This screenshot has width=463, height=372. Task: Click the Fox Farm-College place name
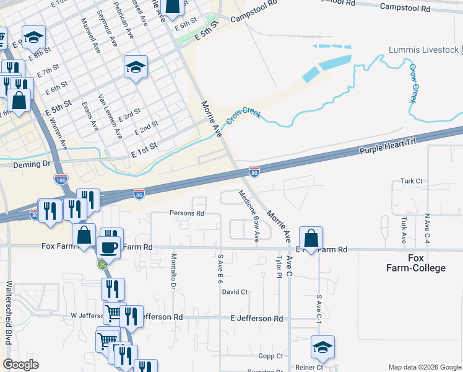(417, 263)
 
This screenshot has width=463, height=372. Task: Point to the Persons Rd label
(186, 213)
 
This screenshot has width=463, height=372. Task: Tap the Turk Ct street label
(410, 181)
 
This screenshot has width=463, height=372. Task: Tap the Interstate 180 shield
(61, 179)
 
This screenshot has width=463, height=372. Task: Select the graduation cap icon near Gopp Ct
(322, 348)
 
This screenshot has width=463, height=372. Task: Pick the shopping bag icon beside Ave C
(311, 238)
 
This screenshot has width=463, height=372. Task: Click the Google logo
(20, 365)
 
